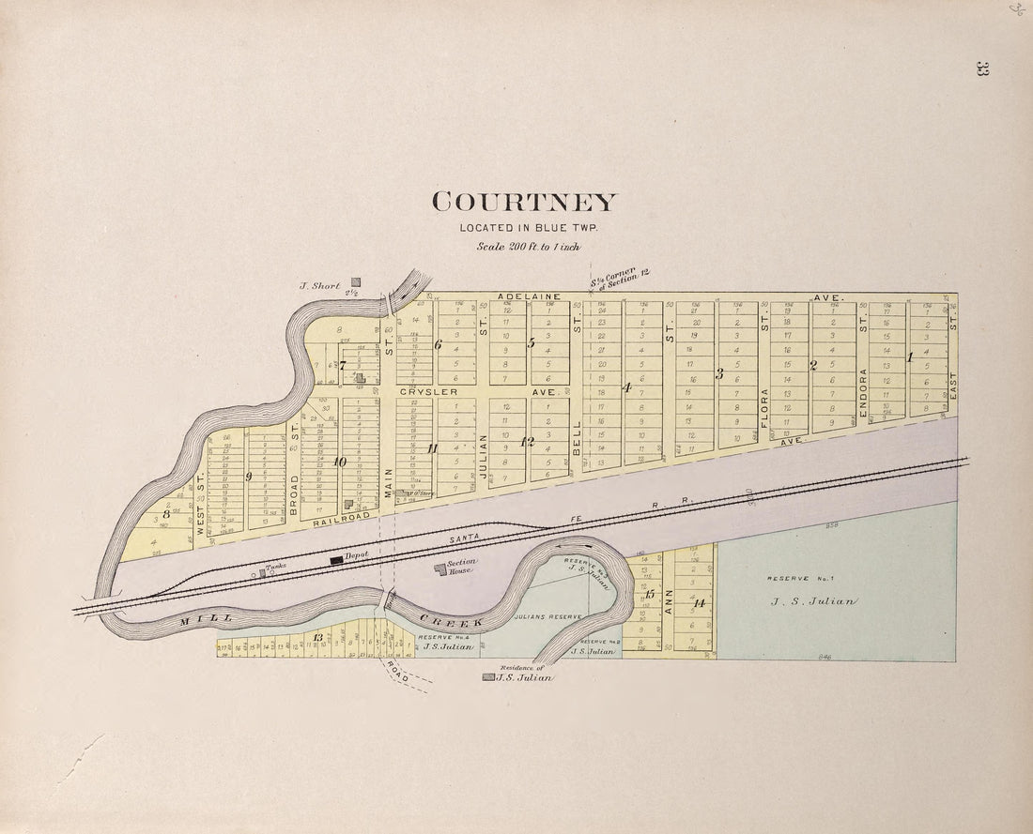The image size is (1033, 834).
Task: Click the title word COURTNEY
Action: (x=525, y=202)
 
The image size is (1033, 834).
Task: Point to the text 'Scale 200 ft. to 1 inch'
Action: (x=528, y=247)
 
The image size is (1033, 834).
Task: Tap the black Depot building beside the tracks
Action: (x=336, y=559)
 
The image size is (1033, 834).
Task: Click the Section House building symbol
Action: (x=439, y=569)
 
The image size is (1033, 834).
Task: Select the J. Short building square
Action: (x=356, y=281)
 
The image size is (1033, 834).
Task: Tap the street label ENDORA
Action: (x=862, y=386)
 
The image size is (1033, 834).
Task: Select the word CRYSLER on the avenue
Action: (x=430, y=391)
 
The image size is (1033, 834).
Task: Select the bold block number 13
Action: (x=318, y=638)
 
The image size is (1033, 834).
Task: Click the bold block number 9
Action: (x=249, y=477)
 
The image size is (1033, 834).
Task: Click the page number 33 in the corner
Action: (x=982, y=68)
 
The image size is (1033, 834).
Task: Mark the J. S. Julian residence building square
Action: (x=487, y=676)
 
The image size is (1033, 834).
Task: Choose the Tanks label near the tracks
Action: (x=274, y=568)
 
